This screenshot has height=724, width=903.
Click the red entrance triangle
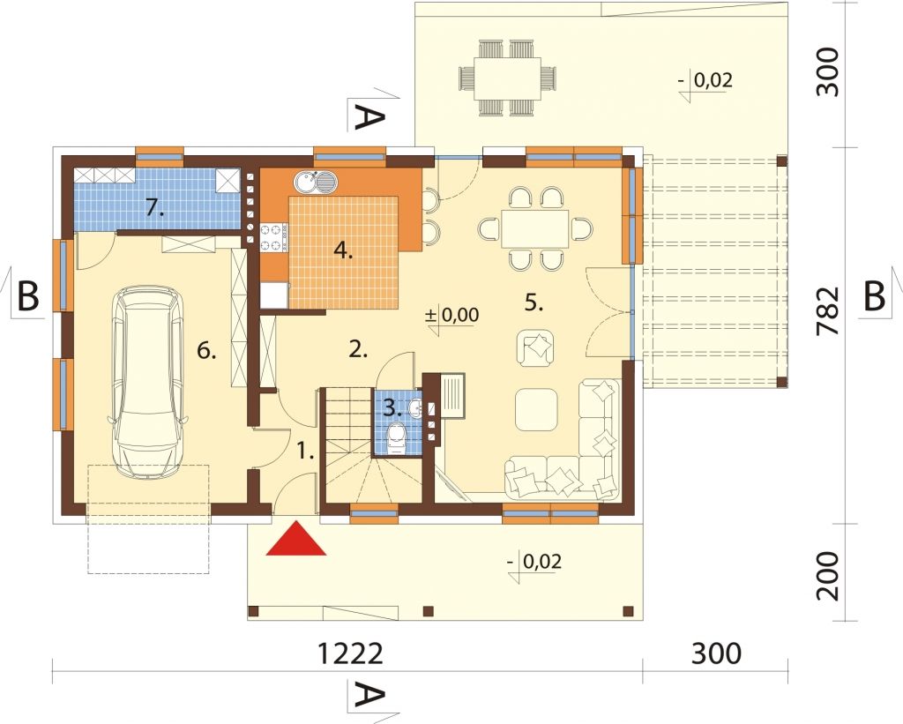click(x=296, y=540)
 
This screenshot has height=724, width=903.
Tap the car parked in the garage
click(x=148, y=381)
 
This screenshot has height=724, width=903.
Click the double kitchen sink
click(x=316, y=183)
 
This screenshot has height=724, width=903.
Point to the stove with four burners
click(x=274, y=238)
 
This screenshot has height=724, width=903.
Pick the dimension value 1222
click(x=350, y=653)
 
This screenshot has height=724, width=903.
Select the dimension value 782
click(x=828, y=311)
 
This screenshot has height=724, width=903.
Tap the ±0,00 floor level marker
click(x=451, y=315)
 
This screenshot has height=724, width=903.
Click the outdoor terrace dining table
click(x=507, y=78)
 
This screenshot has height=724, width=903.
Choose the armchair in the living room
click(x=536, y=347)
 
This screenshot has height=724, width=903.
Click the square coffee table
click(x=536, y=409)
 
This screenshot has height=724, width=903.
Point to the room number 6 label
click(x=206, y=350)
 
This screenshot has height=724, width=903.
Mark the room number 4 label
click(x=343, y=251)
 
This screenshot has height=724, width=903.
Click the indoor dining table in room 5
click(x=534, y=228)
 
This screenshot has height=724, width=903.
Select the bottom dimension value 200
click(x=828, y=575)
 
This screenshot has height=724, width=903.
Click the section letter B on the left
click(x=27, y=296)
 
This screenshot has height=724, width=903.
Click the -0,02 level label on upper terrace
click(x=706, y=79)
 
